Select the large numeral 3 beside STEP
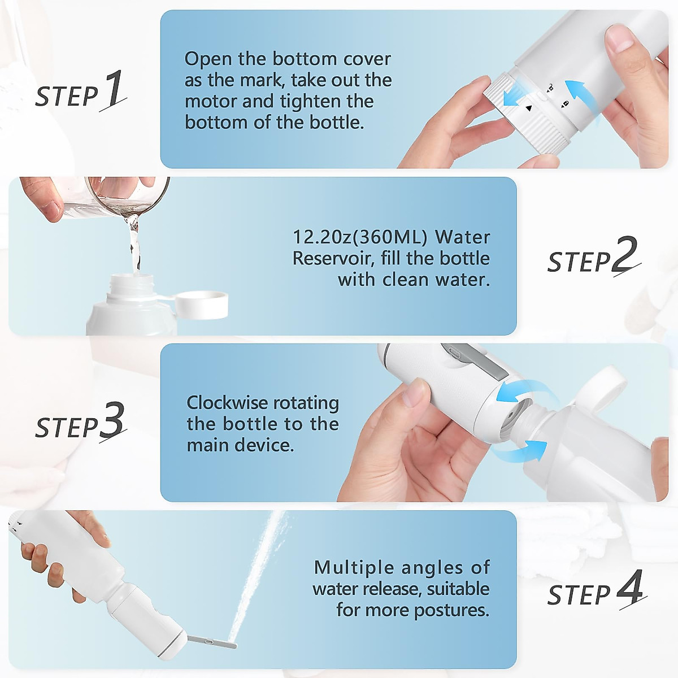point(112,421)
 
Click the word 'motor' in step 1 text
point(210,101)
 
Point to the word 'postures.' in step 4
point(451,610)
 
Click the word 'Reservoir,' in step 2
point(334,258)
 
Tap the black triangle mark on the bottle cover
point(528,108)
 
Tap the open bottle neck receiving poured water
point(132,281)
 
